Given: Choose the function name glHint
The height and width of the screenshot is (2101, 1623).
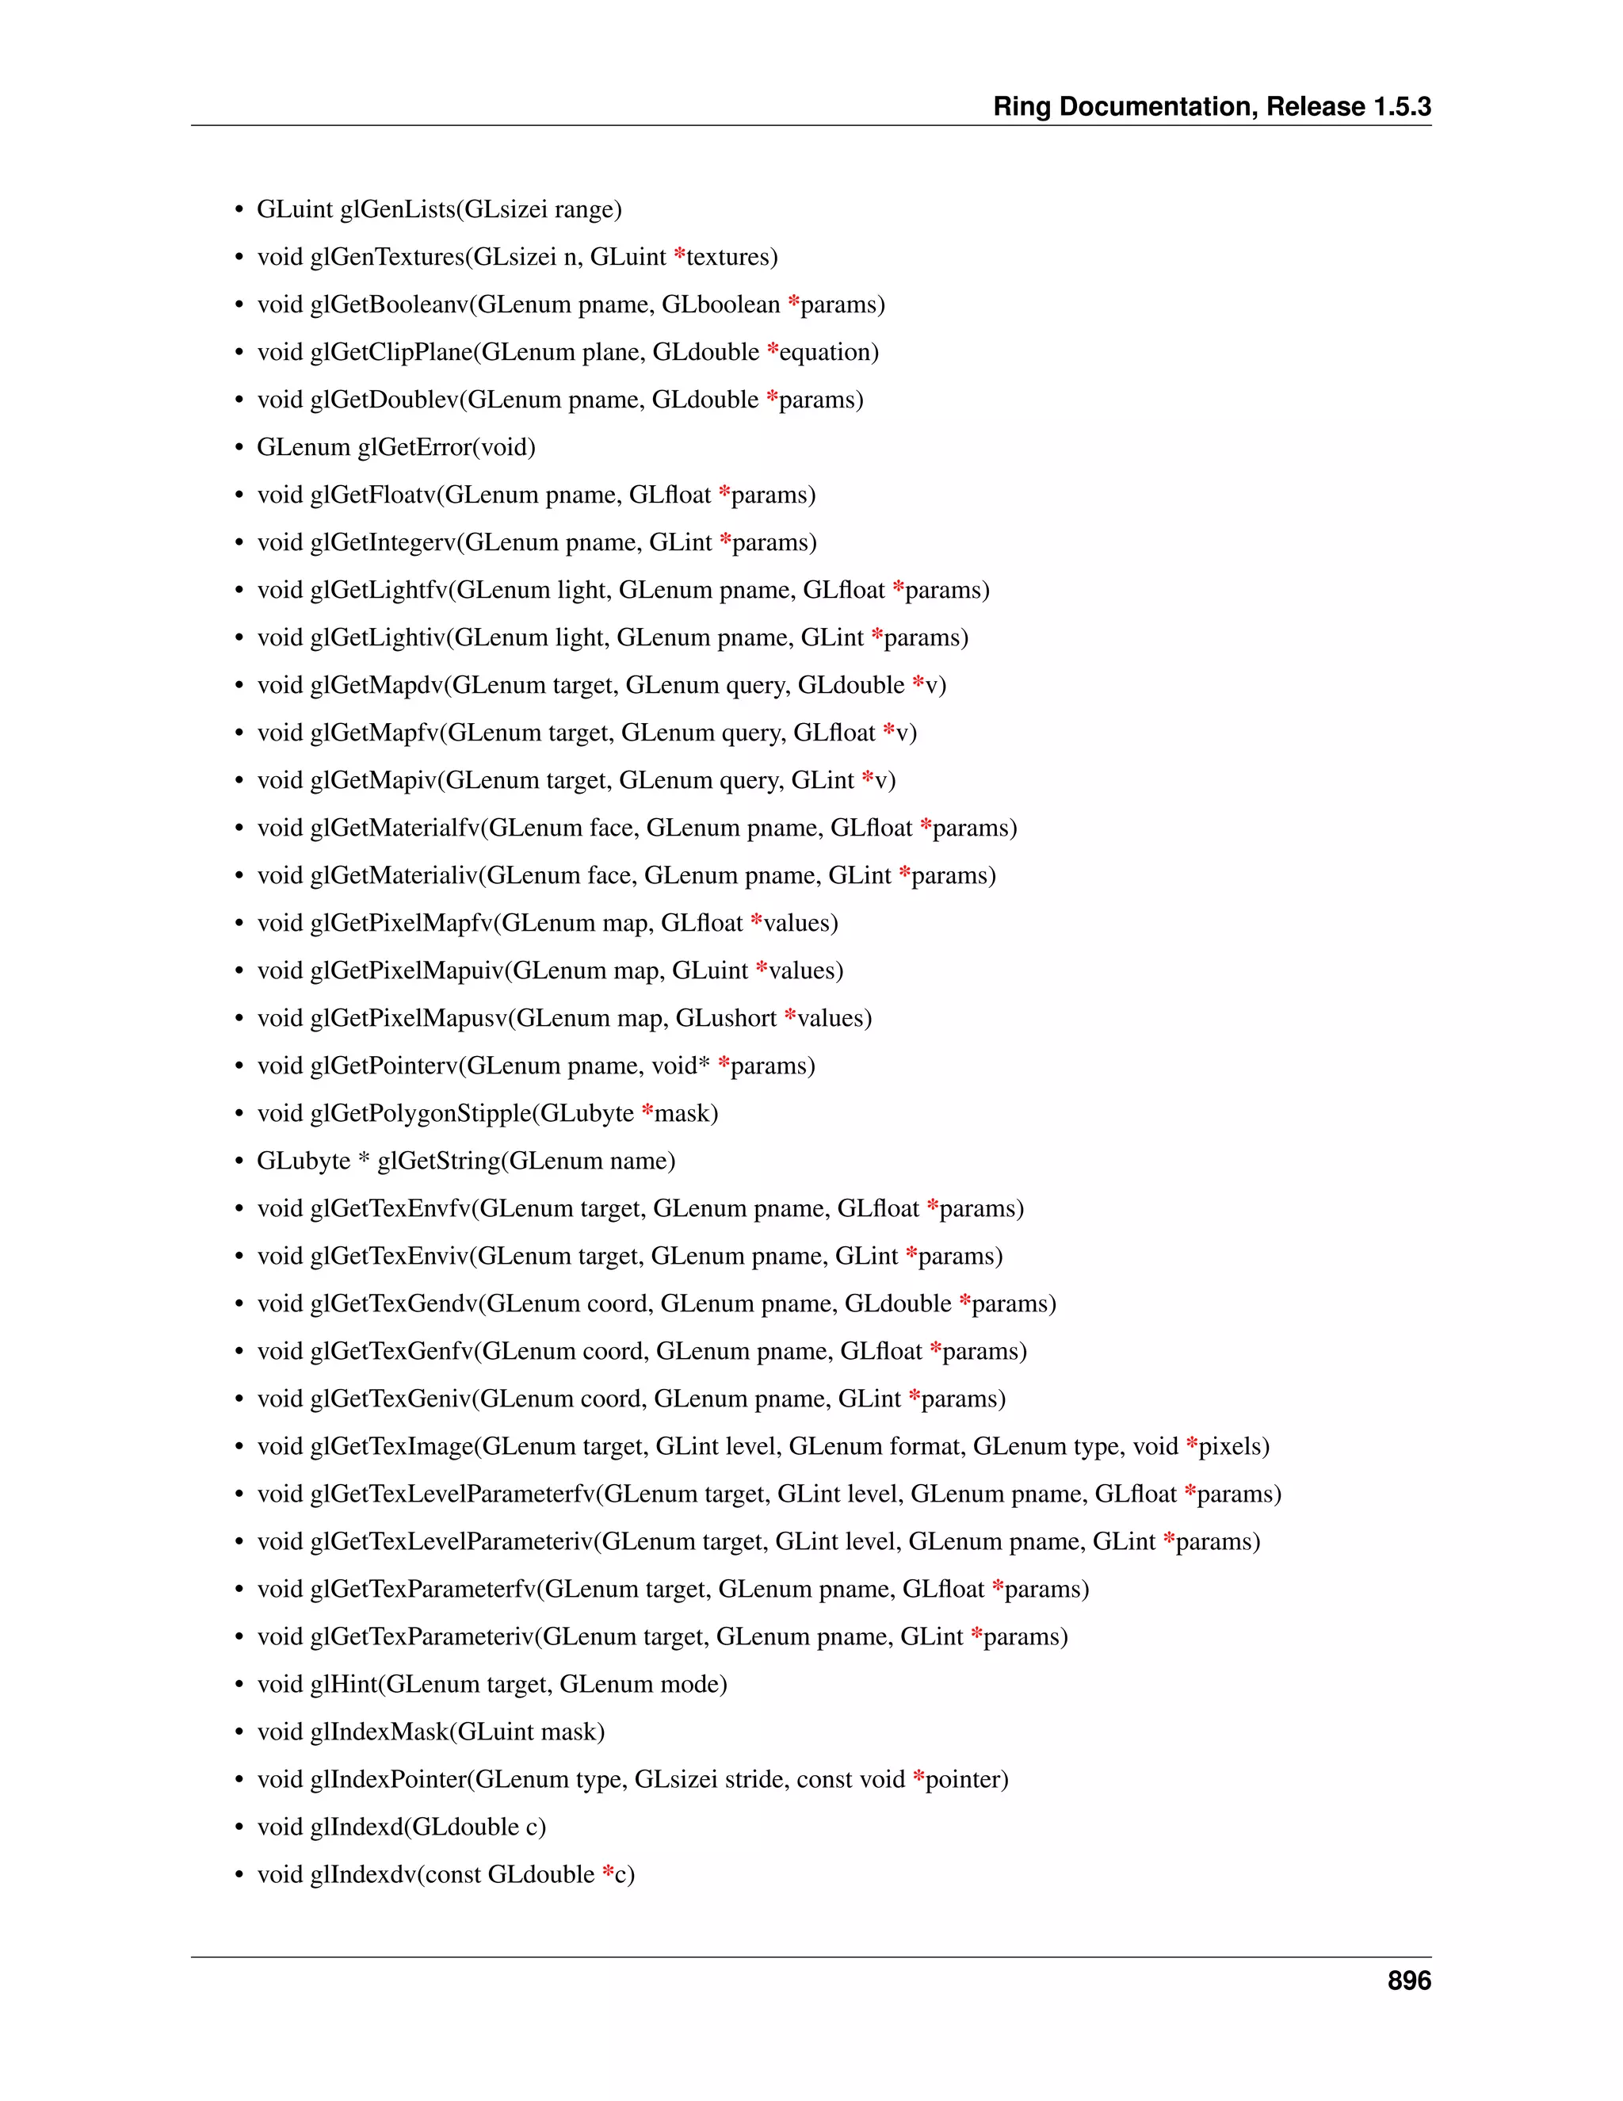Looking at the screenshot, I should coord(344,1685).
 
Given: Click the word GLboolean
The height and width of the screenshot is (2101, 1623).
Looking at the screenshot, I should coord(721,305).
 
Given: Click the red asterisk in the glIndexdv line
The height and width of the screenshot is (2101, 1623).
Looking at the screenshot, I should coord(608,1872).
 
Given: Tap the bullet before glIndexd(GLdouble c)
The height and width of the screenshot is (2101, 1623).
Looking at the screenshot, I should coord(239,1827).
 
